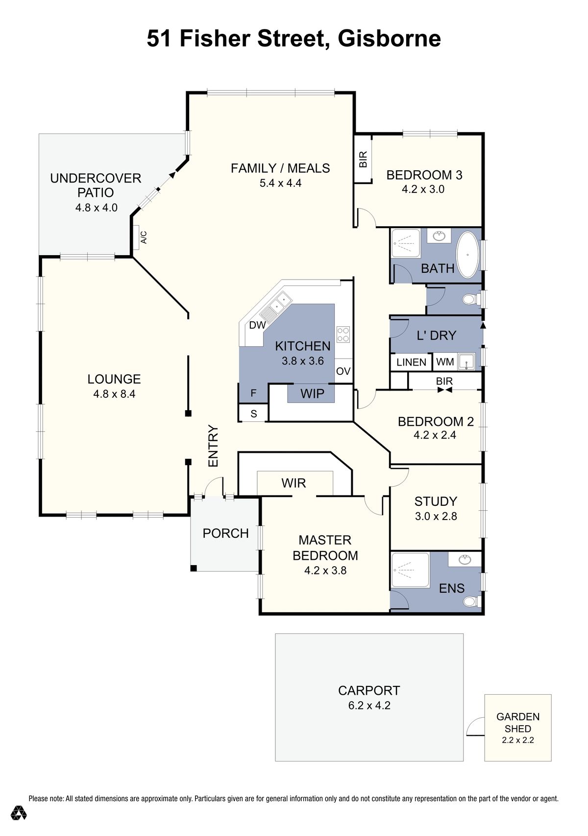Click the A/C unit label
(144, 237)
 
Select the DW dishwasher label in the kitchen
(257, 325)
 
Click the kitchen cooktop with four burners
(343, 334)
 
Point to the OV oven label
(343, 371)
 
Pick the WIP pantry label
(312, 393)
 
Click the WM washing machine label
(445, 362)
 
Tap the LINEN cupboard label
(411, 362)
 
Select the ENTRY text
(213, 445)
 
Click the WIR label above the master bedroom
(294, 483)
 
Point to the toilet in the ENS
(471, 601)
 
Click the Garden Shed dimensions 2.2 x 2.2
(517, 740)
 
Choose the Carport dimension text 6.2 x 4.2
(369, 705)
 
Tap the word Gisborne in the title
(389, 38)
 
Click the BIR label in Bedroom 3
(363, 159)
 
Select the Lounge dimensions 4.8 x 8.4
(114, 393)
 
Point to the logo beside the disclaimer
(19, 812)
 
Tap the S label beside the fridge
(253, 414)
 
